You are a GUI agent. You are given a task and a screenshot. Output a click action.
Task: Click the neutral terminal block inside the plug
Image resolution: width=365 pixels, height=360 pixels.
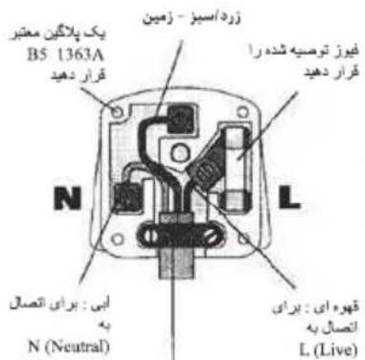(x=125, y=196)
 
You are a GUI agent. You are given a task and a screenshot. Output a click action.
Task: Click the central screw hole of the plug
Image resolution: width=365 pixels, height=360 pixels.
(x=182, y=171)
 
